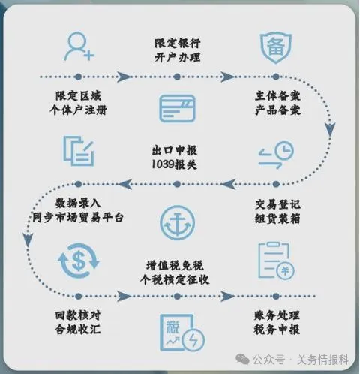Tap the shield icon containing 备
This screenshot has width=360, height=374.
tap(276, 47)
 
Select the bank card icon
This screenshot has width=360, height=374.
tap(177, 109)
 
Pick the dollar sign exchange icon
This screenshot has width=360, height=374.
tap(79, 261)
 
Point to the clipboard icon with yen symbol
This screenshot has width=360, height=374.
tap(276, 261)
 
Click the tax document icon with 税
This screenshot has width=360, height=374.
tap(181, 333)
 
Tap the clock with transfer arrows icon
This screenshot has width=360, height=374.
tap(276, 155)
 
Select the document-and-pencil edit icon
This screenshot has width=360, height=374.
tap(79, 151)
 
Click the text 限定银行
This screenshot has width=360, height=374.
tap(178, 43)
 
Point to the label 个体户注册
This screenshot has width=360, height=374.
tap(79, 110)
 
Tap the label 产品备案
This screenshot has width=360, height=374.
tap(277, 110)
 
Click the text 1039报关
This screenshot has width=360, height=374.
tap(174, 164)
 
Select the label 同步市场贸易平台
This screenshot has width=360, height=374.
tap(78, 217)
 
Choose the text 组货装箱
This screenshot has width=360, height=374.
tap(277, 219)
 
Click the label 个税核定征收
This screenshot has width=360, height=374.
tap(175, 279)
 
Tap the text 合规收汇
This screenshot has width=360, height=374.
tap(78, 329)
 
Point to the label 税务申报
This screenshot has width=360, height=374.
tap(277, 329)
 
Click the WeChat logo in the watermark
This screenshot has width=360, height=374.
tap(242, 360)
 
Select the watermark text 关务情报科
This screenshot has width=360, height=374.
tap(322, 360)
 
